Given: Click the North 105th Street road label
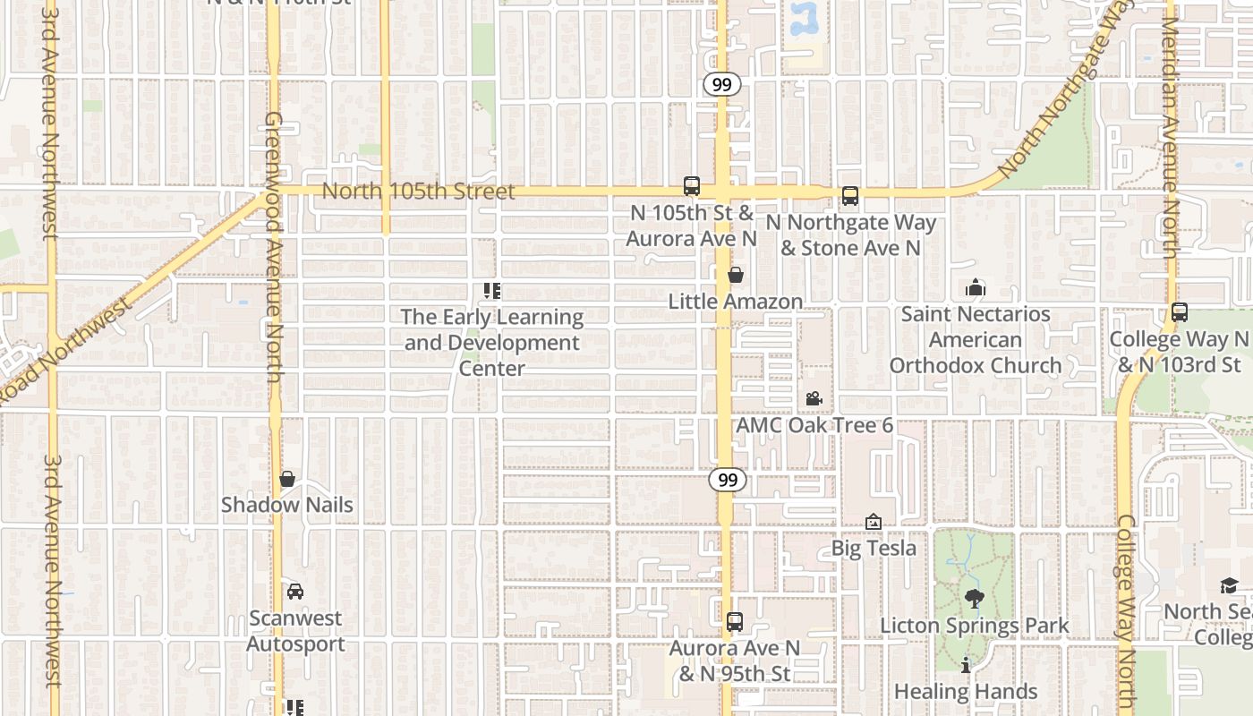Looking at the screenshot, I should click(x=418, y=192).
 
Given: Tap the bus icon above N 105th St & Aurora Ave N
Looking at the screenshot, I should click(x=692, y=186).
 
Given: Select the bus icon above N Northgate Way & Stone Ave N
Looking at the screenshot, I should click(x=850, y=196).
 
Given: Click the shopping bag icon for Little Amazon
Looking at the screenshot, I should click(x=735, y=275).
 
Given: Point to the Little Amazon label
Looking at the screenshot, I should click(x=735, y=302).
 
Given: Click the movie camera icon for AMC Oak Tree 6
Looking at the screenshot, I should click(x=814, y=398).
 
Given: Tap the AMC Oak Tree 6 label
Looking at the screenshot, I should click(x=814, y=425).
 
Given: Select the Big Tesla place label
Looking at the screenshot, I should click(x=874, y=548).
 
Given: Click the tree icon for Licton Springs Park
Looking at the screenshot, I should click(x=975, y=599).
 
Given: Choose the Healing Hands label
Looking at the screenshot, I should click(x=966, y=692).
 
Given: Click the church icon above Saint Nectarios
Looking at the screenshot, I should click(x=976, y=287).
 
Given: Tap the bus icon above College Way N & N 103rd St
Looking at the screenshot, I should click(x=1180, y=312).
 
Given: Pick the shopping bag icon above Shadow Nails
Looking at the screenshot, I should click(x=287, y=479).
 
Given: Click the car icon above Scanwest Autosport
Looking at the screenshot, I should click(x=294, y=592).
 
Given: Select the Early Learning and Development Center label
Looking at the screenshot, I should click(x=492, y=343).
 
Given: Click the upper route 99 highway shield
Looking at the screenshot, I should click(x=721, y=85).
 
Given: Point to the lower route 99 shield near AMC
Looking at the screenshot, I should click(x=728, y=481).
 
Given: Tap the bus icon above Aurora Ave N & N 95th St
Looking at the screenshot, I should click(x=735, y=621).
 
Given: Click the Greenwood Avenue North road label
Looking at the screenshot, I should click(x=274, y=246).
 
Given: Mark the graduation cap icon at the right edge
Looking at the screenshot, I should click(x=1229, y=585).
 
